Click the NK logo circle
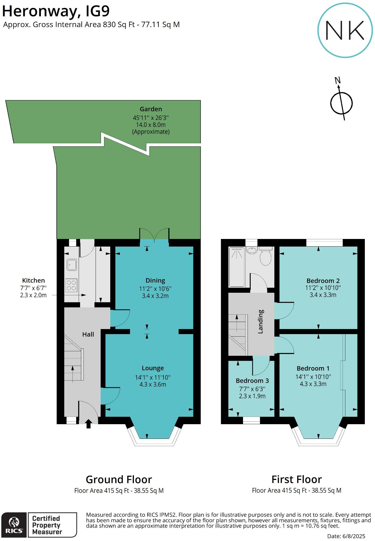[345, 30]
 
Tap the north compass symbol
[341, 103]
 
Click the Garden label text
[151, 109]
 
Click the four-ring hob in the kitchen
[71, 285]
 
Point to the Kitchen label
[33, 280]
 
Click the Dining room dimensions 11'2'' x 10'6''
[155, 289]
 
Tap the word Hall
[88, 334]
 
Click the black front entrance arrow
[89, 424]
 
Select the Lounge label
[153, 368]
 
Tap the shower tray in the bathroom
[237, 267]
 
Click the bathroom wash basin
[251, 250]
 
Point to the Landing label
[261, 321]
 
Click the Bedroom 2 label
[323, 281]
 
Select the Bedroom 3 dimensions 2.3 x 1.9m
[252, 396]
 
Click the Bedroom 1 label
[313, 368]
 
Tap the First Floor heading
[296, 479]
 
